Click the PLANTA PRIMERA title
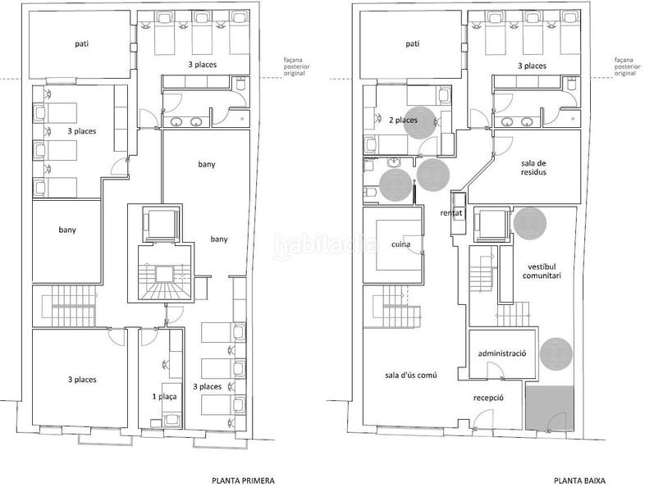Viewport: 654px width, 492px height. (243, 481)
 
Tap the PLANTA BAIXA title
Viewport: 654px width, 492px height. (580, 481)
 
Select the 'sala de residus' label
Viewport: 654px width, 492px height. (533, 167)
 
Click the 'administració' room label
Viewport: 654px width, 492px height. (501, 353)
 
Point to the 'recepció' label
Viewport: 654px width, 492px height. (488, 398)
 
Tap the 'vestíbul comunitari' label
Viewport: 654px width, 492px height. (542, 271)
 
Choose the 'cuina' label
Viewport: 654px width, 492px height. (400, 244)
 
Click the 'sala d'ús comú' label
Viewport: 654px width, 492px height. (411, 375)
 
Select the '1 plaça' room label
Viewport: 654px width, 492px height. (164, 397)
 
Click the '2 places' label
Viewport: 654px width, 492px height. (403, 120)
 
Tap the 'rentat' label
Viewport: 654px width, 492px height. (450, 213)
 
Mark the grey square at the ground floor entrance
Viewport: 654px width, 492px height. (550, 408)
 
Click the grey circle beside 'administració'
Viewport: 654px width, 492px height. (556, 354)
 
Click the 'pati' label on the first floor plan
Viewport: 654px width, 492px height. (82, 43)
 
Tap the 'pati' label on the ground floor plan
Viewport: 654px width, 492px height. (413, 43)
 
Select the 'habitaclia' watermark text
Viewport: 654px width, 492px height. (326, 244)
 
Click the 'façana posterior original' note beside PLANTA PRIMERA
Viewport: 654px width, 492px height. (296, 66)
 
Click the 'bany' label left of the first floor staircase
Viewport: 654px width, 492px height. (67, 230)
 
